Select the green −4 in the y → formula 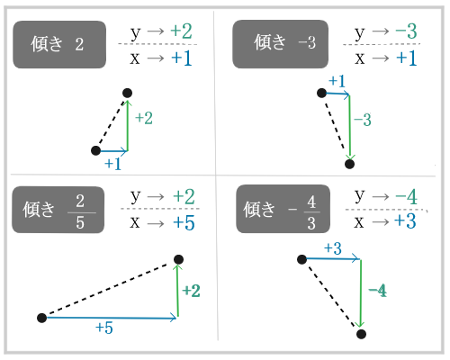(404, 196)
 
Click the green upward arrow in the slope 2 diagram (127, 121)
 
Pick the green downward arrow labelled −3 (349, 126)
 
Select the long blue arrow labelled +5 (109, 317)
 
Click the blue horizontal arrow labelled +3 (330, 259)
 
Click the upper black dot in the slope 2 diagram (127, 93)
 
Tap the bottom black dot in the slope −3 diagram (350, 163)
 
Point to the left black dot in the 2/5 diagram (41, 318)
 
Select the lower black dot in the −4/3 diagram (360, 333)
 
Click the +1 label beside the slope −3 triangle (337, 82)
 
